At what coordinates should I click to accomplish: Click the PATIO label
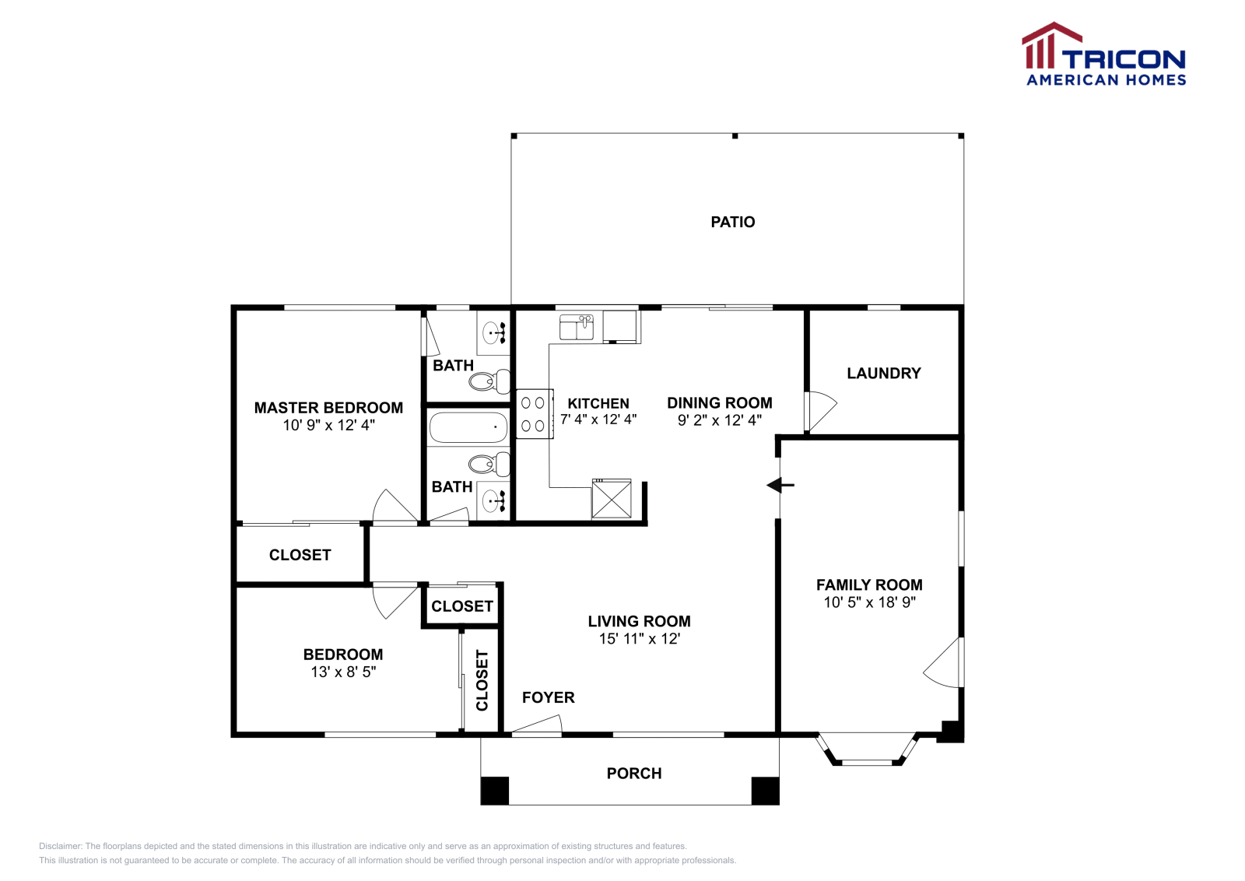732,223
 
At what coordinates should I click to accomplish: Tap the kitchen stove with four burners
534,414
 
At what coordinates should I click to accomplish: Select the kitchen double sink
577,327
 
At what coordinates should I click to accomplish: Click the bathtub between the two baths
468,427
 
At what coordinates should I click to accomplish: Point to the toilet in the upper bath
489,381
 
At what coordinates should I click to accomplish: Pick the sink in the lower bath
493,500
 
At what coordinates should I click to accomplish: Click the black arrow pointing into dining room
780,485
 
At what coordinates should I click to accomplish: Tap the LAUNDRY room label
884,373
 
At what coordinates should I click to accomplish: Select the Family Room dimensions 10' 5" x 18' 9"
869,602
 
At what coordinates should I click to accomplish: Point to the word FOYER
548,697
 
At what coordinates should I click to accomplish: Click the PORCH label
634,773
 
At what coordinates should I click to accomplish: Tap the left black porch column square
495,791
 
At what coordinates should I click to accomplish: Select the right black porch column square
766,791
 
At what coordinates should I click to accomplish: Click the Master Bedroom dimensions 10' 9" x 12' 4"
328,425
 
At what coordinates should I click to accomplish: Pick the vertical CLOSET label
482,680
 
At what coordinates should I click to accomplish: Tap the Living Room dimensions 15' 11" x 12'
639,639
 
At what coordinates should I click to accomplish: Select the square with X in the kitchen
612,499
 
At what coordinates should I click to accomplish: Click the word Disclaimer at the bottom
60,846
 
